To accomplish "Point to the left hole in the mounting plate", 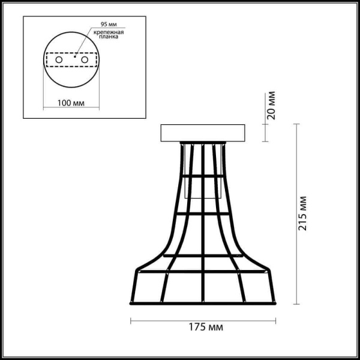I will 59,60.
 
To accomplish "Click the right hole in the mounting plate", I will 85,60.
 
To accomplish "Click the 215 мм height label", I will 303,214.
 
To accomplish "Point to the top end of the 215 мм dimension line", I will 296,124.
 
